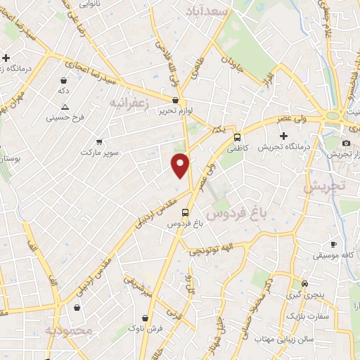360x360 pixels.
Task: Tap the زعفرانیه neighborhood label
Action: pyautogui.click(x=130, y=103)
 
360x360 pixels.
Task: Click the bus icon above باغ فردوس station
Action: pyautogui.click(x=185, y=212)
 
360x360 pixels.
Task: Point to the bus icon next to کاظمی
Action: pyautogui.click(x=237, y=138)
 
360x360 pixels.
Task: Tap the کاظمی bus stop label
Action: pyautogui.click(x=237, y=149)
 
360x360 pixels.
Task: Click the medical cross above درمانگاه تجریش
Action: pyautogui.click(x=283, y=136)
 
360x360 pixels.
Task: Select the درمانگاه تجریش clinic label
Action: pyautogui.click(x=283, y=147)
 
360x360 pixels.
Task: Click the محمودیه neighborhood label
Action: pyautogui.click(x=68, y=330)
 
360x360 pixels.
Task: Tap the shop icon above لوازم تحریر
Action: pyautogui.click(x=174, y=101)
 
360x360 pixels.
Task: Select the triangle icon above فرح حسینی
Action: pyautogui.click(x=65, y=107)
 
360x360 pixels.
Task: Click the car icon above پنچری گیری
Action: pyautogui.click(x=304, y=283)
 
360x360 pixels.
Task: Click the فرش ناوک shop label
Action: pyautogui.click(x=146, y=328)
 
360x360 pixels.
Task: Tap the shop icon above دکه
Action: pyautogui.click(x=64, y=80)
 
